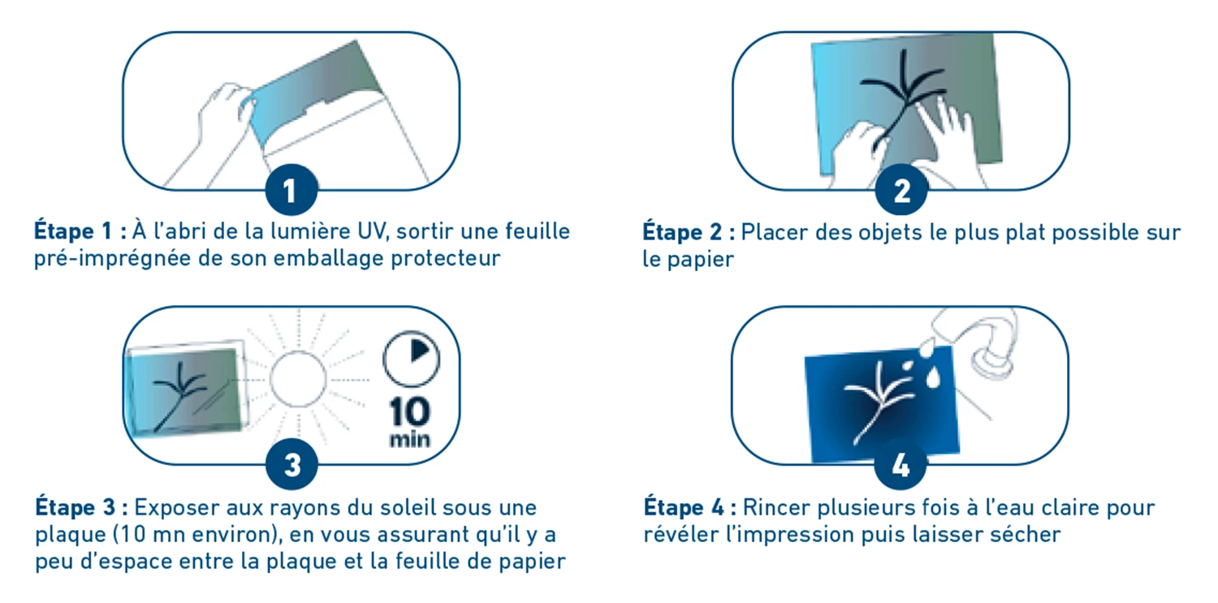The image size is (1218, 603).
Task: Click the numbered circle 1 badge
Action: pyautogui.click(x=291, y=192)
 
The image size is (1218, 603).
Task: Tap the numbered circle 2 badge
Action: pyautogui.click(x=901, y=192)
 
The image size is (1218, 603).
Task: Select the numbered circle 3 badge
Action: pyautogui.click(x=291, y=466)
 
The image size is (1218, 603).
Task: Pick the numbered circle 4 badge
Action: pyautogui.click(x=901, y=466)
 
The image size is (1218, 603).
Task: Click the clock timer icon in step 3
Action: pyautogui.click(x=411, y=356)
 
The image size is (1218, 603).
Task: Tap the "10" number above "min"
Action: pyautogui.click(x=410, y=412)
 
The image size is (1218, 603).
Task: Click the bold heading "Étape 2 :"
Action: pyautogui.click(x=689, y=232)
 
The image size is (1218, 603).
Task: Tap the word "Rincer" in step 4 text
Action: pyautogui.click(x=776, y=508)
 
